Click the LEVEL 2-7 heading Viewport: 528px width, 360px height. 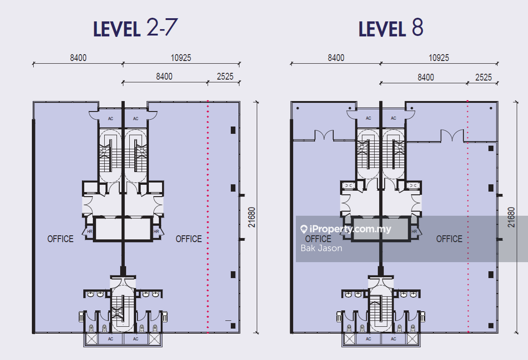(135, 28)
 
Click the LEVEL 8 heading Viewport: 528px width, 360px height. (391, 28)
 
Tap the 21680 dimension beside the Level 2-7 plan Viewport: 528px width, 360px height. (252, 217)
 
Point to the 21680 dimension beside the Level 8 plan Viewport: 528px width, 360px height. (511, 217)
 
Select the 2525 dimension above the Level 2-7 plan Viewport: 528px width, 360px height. (225, 76)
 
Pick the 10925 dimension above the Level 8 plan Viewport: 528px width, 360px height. (439, 58)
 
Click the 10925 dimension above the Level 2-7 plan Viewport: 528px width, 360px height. (181, 58)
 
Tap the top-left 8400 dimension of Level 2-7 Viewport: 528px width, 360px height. (78, 58)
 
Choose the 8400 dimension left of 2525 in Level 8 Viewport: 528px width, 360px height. (426, 77)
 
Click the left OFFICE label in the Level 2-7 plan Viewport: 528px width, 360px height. (60, 239)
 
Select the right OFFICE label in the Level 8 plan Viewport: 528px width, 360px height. (449, 239)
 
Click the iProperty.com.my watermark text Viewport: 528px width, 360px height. (350, 229)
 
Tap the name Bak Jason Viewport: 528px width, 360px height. (321, 248)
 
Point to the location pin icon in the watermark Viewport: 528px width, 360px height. (304, 229)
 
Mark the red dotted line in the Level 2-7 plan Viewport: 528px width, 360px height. (208, 217)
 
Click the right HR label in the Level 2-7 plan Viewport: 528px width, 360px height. (156, 232)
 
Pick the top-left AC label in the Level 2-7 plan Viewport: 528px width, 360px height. (111, 118)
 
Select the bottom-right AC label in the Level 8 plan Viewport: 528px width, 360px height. (393, 339)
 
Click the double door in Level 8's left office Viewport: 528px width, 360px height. (324, 135)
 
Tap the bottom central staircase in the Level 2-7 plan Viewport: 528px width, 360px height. (123, 310)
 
